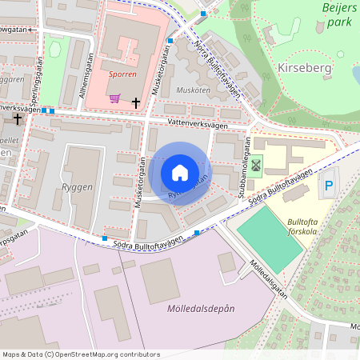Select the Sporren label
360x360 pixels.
[x=122, y=74]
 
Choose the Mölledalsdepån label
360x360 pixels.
[x=201, y=308]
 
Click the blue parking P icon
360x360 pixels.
[x=328, y=190]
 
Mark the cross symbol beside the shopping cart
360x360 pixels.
[x=136, y=102]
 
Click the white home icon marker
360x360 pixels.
[x=180, y=173]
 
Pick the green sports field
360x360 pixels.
[x=269, y=239]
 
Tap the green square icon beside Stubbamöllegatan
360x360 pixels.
[x=256, y=166]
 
